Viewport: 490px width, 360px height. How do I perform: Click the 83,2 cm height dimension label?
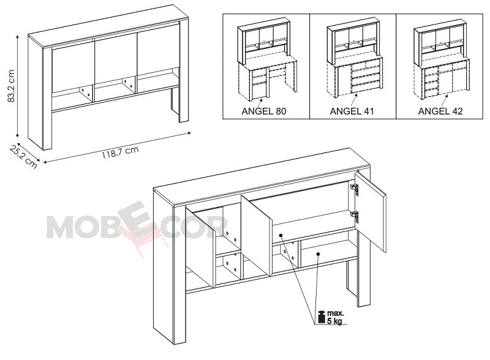click(x=11, y=86)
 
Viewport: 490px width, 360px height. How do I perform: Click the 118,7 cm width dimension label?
click(x=120, y=152)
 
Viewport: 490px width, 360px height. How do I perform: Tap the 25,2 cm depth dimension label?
click(x=23, y=156)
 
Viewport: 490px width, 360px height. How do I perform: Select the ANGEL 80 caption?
click(x=264, y=111)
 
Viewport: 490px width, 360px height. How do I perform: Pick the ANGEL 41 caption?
click(x=352, y=111)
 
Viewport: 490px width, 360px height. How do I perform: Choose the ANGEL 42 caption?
click(x=440, y=111)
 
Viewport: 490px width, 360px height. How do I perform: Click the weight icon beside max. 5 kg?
click(x=321, y=317)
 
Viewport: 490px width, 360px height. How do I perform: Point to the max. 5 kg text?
click(x=335, y=317)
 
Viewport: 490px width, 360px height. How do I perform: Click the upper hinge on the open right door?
click(x=355, y=189)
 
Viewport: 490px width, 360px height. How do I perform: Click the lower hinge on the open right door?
click(x=355, y=217)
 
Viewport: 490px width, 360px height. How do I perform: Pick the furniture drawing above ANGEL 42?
click(x=441, y=59)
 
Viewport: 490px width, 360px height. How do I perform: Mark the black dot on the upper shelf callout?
click(x=281, y=235)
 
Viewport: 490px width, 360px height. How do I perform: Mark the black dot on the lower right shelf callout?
click(x=318, y=254)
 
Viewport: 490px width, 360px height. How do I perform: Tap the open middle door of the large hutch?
click(x=256, y=235)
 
